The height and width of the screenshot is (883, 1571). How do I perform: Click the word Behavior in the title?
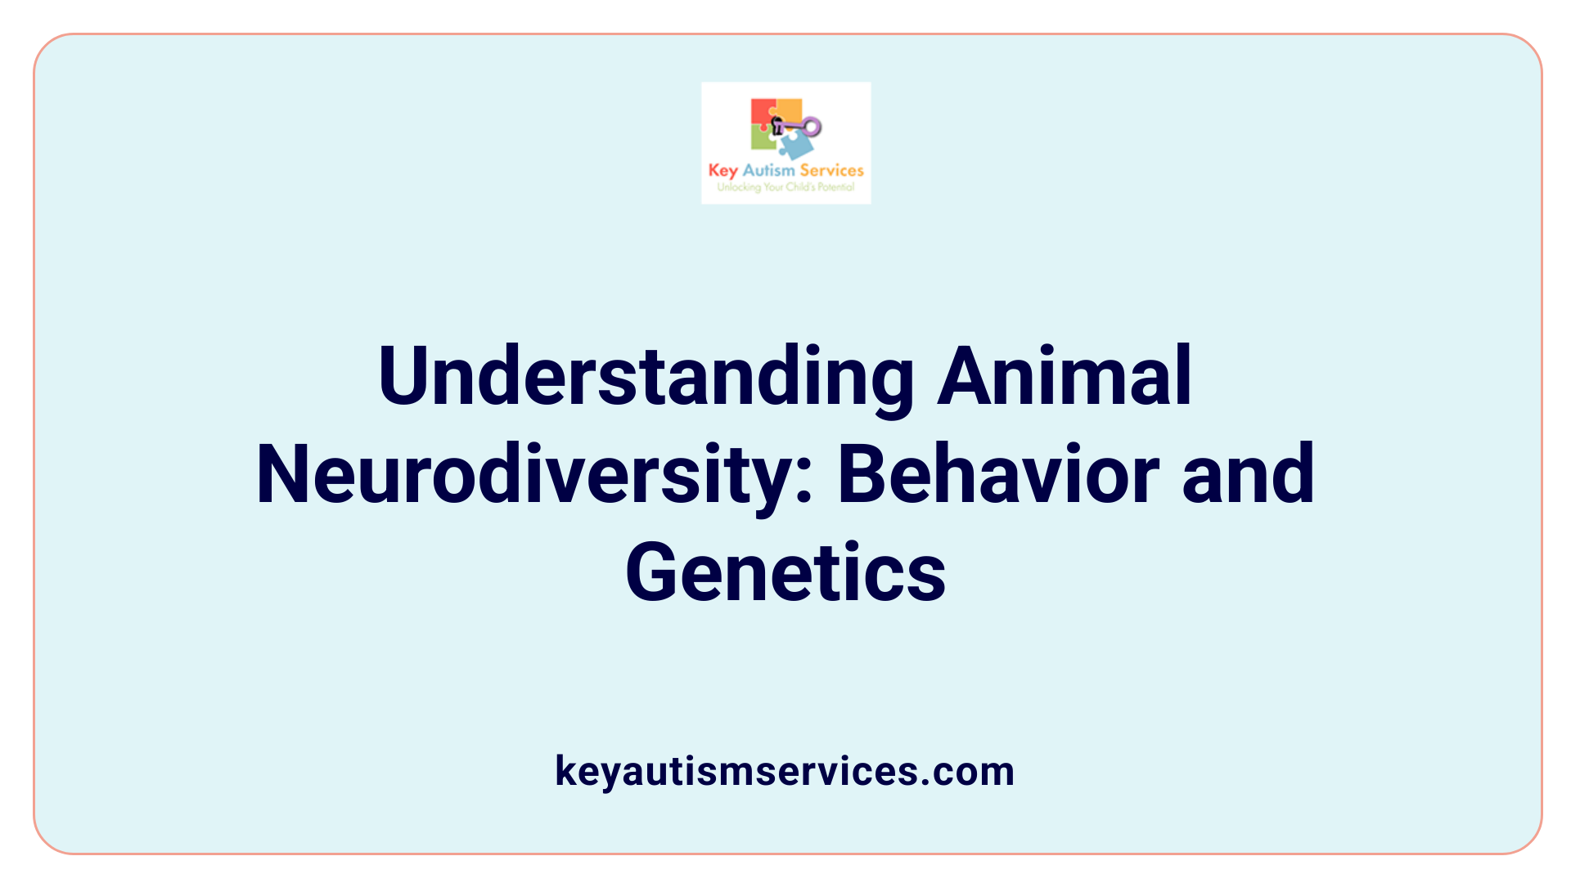click(998, 474)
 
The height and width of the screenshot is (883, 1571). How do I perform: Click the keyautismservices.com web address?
click(785, 771)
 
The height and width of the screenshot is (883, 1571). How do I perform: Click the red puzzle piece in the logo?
click(762, 112)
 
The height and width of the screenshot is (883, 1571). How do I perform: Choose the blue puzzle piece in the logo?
click(796, 146)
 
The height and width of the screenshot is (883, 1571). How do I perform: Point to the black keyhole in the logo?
click(777, 124)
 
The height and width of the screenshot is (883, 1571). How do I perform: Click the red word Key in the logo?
click(722, 170)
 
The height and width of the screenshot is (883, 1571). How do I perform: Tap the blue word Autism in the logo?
click(768, 170)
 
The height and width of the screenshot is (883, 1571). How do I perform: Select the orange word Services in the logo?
click(831, 170)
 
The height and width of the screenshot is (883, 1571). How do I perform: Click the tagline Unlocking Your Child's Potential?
click(785, 187)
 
